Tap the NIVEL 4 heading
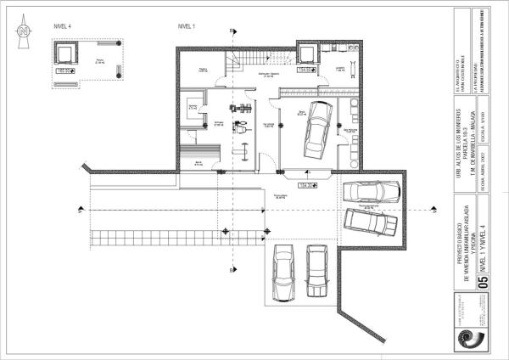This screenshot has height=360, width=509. pyautogui.click(x=62, y=27)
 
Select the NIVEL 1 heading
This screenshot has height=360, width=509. pyautogui.click(x=186, y=27)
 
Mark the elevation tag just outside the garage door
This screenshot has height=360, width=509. pyautogui.click(x=305, y=183)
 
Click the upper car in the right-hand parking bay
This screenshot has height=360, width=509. pyautogui.click(x=366, y=192)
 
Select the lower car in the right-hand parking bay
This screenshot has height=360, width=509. pyautogui.click(x=370, y=223)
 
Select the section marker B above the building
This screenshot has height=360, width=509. pyautogui.click(x=232, y=31)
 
